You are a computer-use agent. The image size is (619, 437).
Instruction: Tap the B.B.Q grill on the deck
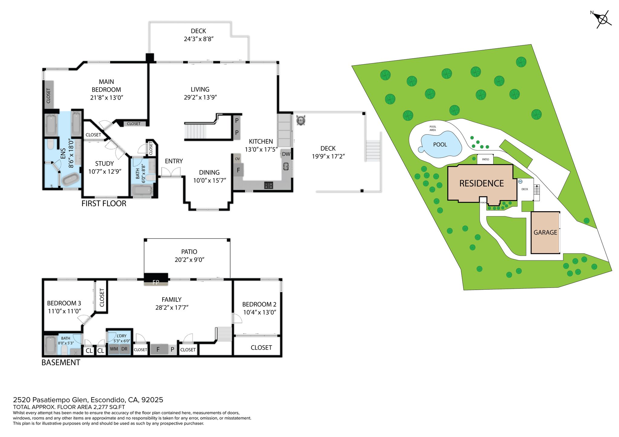coord(301,120)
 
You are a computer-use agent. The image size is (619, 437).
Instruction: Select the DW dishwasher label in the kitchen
coord(286,154)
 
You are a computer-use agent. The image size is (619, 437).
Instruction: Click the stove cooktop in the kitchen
coord(269,185)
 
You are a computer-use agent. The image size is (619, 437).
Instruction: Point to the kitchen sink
coord(286,166)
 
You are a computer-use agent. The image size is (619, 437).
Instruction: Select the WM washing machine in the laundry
coord(114,349)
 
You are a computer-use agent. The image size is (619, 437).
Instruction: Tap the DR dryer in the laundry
coord(125,349)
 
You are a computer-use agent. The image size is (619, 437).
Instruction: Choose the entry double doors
coord(171,173)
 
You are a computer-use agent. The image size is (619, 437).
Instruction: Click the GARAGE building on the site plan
coord(546,232)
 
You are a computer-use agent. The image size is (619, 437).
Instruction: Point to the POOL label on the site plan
coord(440,145)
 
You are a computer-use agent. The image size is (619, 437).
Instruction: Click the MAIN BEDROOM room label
coord(106,86)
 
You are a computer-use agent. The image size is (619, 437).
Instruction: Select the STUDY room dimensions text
coord(105,171)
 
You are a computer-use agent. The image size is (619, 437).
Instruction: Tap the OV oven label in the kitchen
coord(237,159)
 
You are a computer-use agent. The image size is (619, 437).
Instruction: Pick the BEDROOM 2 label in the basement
coord(259,304)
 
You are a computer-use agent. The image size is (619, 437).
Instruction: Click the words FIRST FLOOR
coord(104,203)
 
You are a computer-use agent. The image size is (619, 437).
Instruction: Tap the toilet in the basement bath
coord(64,350)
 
